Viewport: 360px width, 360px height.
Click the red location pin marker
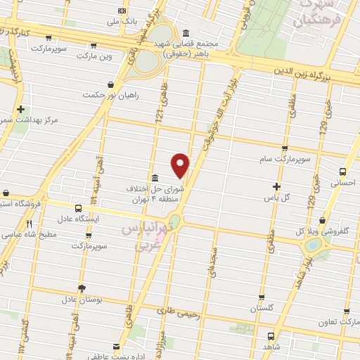click(x=181, y=165)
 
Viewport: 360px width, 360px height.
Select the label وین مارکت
click(x=96, y=54)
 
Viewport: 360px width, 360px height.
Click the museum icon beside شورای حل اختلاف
click(x=154, y=177)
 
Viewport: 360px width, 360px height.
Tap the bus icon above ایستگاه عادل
click(x=79, y=209)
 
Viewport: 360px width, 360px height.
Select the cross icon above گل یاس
click(x=277, y=187)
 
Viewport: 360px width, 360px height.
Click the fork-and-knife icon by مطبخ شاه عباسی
click(x=29, y=224)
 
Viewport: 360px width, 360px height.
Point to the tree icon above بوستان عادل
click(x=82, y=288)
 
